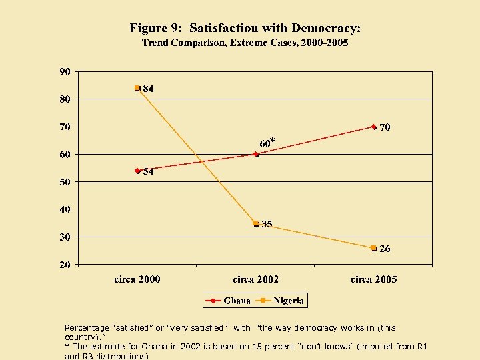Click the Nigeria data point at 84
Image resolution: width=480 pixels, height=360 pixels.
(137, 88)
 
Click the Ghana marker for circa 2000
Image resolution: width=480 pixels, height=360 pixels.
(137, 171)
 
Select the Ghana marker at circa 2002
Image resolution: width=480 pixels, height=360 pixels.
(256, 154)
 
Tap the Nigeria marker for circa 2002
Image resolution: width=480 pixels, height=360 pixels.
(256, 223)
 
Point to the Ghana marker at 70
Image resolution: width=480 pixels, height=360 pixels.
(374, 127)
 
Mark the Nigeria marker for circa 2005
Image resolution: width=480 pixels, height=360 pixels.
(374, 248)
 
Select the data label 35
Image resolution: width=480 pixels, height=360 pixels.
(267, 225)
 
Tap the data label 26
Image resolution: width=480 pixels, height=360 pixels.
(385, 249)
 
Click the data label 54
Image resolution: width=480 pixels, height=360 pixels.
(148, 171)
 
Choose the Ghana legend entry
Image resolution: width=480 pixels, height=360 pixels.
(229, 301)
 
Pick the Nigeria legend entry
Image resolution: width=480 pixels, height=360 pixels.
(281, 301)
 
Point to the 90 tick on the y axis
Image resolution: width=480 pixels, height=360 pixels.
(65, 71)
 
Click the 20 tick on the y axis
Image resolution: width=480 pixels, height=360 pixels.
(65, 265)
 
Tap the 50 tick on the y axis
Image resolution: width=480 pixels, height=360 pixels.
(65, 181)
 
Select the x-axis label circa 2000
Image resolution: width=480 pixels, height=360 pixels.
(137, 279)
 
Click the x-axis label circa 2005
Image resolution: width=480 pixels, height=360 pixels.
(373, 279)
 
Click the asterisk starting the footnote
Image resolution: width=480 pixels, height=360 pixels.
(67, 347)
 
